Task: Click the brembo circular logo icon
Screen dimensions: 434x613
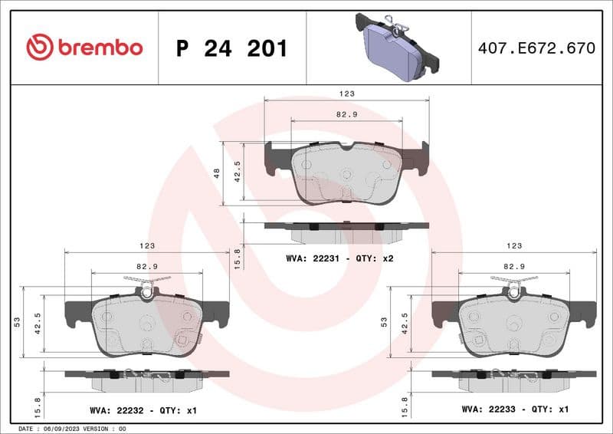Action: click(39, 48)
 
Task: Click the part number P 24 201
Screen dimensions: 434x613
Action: click(231, 48)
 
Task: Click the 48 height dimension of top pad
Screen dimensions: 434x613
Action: click(217, 173)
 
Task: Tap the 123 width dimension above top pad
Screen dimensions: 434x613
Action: click(346, 93)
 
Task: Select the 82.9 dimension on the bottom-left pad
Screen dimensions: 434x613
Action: click(147, 265)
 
